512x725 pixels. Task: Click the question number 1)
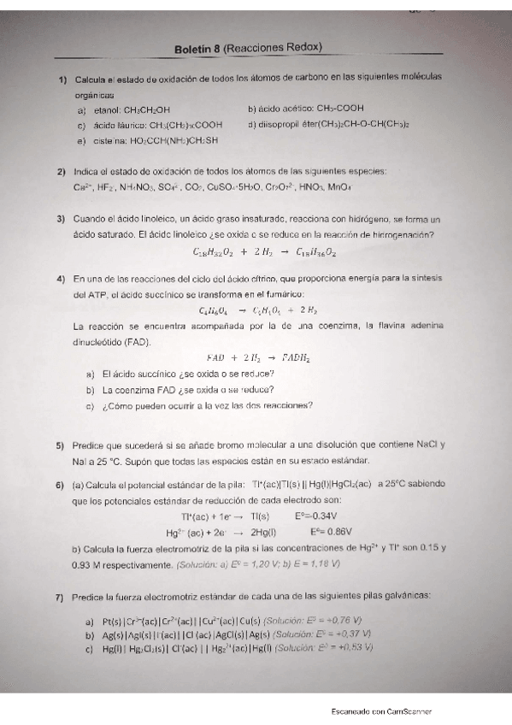(x=62, y=80)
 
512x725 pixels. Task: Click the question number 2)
(x=62, y=171)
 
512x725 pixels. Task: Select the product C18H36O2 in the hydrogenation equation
(x=315, y=253)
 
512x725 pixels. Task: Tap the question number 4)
(x=62, y=279)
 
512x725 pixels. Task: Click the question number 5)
(x=62, y=445)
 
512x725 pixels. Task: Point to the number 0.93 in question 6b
(x=85, y=563)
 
